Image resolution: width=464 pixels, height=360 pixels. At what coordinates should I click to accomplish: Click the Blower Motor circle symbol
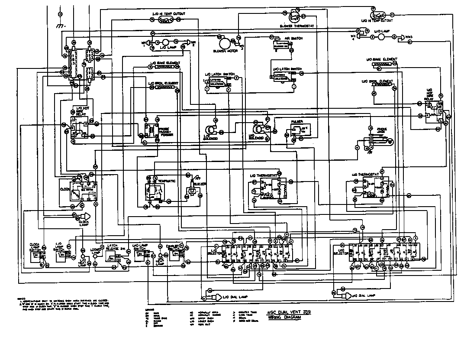tap(225, 42)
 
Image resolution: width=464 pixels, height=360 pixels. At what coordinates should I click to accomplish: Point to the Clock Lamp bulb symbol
tap(84, 216)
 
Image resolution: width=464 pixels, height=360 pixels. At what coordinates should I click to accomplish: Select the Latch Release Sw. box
tap(116, 258)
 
